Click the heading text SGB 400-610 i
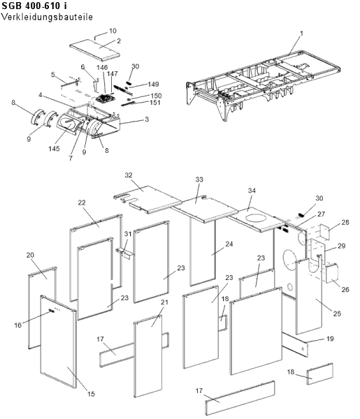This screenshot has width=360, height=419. point(34,6)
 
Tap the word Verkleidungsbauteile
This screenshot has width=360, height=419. point(47,17)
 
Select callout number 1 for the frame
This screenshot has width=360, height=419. point(301,34)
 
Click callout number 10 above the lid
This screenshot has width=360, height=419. point(113,31)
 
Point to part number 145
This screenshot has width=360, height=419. point(54,149)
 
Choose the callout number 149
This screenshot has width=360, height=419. point(153,84)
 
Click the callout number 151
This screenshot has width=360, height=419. point(155,103)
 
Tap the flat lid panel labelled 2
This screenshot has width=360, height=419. point(94,51)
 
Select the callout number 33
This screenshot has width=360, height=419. point(199,179)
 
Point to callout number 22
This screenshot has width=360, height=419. point(82,203)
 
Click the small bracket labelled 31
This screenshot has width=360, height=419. point(124,252)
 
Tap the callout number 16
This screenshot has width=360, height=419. point(18,325)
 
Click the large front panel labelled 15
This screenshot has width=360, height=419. point(58,341)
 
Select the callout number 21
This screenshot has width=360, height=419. point(164,302)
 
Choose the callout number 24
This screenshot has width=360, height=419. point(229,244)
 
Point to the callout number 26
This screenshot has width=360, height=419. point(345,289)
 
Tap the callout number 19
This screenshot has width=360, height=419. point(330,339)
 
